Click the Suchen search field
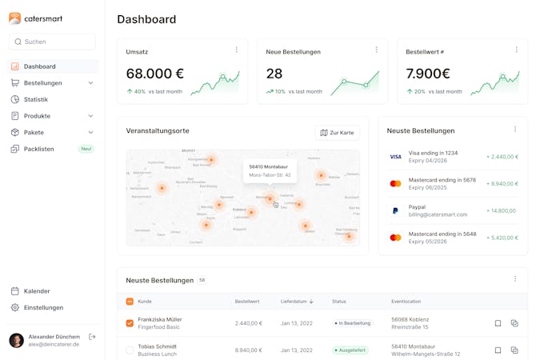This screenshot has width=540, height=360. (52, 42)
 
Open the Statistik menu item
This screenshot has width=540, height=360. (35, 99)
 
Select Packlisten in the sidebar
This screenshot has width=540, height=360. (38, 149)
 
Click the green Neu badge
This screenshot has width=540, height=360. (86, 149)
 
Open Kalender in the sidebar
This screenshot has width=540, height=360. (36, 291)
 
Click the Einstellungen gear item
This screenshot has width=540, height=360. (42, 307)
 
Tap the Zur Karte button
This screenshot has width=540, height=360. (337, 133)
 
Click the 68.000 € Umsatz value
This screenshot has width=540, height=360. (155, 74)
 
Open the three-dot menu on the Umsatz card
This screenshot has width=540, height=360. (236, 50)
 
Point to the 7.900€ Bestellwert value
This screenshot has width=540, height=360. (428, 74)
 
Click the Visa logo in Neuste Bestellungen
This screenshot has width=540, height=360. (395, 157)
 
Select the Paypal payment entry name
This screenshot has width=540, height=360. (418, 207)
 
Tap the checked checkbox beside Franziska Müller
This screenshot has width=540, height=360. (130, 323)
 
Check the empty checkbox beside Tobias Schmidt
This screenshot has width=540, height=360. (130, 350)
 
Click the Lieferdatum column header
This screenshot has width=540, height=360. (297, 302)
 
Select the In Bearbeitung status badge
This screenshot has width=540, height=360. (352, 323)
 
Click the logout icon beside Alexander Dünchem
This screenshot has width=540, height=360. (92, 337)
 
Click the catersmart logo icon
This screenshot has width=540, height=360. (15, 18)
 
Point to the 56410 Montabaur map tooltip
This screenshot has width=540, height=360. (270, 170)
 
